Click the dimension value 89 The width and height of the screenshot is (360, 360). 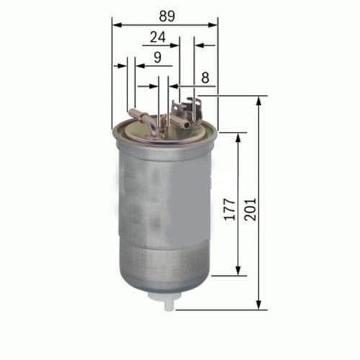pyautogui.click(x=165, y=14)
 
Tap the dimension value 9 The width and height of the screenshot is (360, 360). pyautogui.click(x=157, y=56)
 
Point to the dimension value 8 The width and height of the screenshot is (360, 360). pyautogui.click(x=206, y=76)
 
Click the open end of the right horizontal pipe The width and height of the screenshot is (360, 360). pyautogui.click(x=188, y=125)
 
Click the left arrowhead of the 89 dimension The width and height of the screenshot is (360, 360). pyautogui.click(x=116, y=24)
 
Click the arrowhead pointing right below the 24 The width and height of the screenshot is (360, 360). pyautogui.click(x=175, y=45)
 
